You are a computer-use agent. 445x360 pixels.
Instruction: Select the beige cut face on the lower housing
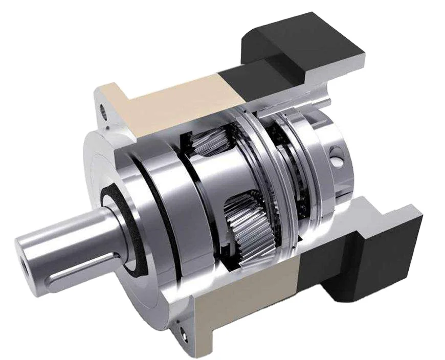(x=246, y=302)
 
